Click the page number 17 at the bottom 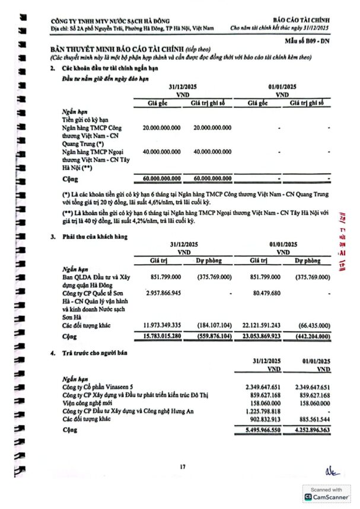183,468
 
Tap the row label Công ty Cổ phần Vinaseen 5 99,387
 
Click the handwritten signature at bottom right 330,472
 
